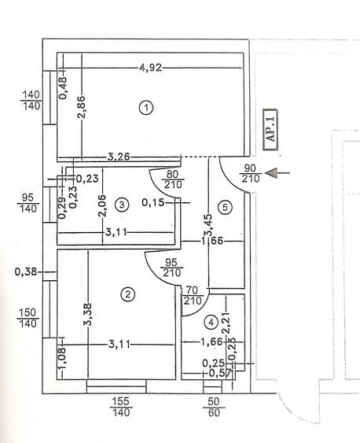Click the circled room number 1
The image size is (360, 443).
tap(146, 108)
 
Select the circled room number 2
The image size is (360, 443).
tap(128, 294)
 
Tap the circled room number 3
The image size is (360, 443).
tap(122, 205)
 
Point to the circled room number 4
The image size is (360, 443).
tap(211, 322)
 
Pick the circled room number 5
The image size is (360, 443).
tap(225, 208)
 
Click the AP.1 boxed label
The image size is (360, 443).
tap(270, 129)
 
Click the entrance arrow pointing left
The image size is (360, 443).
tap(277, 172)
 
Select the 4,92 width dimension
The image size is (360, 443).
tap(151, 68)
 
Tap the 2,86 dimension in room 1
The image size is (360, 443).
tap(81, 107)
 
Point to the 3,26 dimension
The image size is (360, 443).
tap(119, 157)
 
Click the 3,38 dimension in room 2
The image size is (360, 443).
tap(88, 315)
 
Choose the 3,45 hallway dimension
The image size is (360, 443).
tap(209, 224)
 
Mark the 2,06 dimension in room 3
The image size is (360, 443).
tap(102, 205)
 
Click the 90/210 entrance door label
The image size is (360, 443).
tap(250, 173)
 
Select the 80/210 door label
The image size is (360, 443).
tap(173, 179)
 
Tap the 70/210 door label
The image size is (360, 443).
tap(193, 295)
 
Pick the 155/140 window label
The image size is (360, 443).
tap(121, 407)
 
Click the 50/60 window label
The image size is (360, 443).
tap(214, 407)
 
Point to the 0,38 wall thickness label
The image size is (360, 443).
tap(26, 271)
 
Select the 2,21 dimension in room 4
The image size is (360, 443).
tap(226, 323)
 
